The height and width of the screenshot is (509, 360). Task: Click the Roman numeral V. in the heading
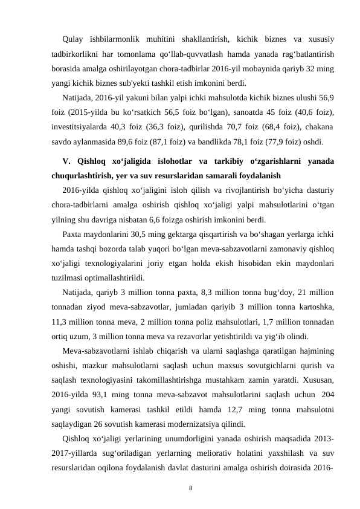coord(66,162)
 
